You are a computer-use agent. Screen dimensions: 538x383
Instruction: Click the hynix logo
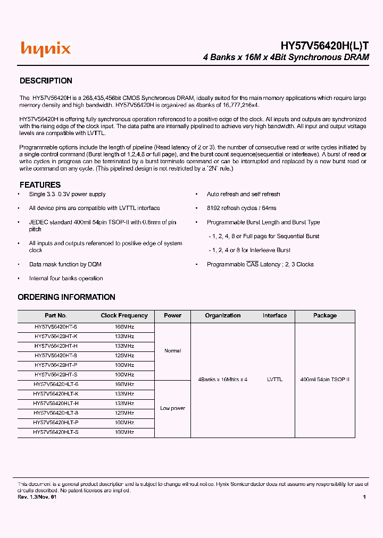[x=46, y=49]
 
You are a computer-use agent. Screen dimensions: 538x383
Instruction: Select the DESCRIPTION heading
[x=46, y=81]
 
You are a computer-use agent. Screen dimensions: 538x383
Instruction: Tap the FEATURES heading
[x=40, y=185]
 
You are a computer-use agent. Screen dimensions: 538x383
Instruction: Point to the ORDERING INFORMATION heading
[x=66, y=297]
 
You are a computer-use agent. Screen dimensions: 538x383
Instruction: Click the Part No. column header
[x=56, y=315]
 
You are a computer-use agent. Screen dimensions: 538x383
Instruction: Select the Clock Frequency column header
[x=124, y=315]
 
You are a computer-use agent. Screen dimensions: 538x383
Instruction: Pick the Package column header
[x=324, y=315]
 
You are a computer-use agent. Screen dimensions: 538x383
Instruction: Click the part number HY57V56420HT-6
[x=56, y=327]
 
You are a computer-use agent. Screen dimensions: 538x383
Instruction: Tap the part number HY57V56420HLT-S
[x=56, y=432]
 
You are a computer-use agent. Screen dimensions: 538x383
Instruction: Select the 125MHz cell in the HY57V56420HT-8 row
[x=124, y=356]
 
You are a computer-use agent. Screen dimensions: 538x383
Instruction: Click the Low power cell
[x=172, y=408]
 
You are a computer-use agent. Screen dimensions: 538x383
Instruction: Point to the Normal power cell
[x=172, y=351]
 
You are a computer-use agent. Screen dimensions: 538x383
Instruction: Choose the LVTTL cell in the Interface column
[x=274, y=380]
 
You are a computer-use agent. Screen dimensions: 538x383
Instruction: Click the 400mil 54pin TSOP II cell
[x=324, y=380]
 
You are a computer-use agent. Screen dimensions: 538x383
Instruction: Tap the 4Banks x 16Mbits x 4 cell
[x=222, y=380]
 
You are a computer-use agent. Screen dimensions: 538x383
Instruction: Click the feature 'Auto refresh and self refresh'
[x=243, y=195]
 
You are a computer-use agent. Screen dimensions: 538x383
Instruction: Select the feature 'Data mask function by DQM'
[x=65, y=264]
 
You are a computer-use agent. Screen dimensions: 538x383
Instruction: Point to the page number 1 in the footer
[x=364, y=497]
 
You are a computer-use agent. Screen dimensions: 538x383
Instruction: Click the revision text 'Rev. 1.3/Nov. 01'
[x=37, y=497]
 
